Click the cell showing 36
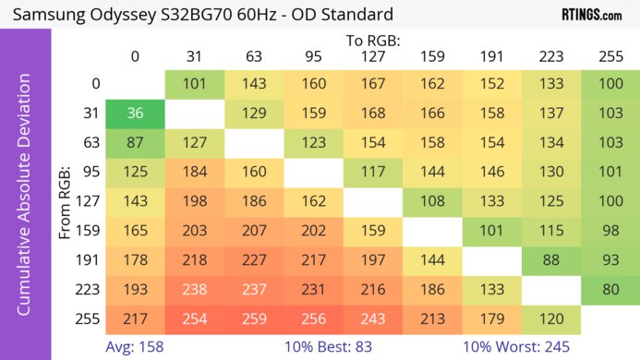tap(135, 114)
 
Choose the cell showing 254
tap(194, 318)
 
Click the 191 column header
tap(490, 56)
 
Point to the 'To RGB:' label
tap(372, 41)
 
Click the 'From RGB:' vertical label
tap(65, 202)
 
